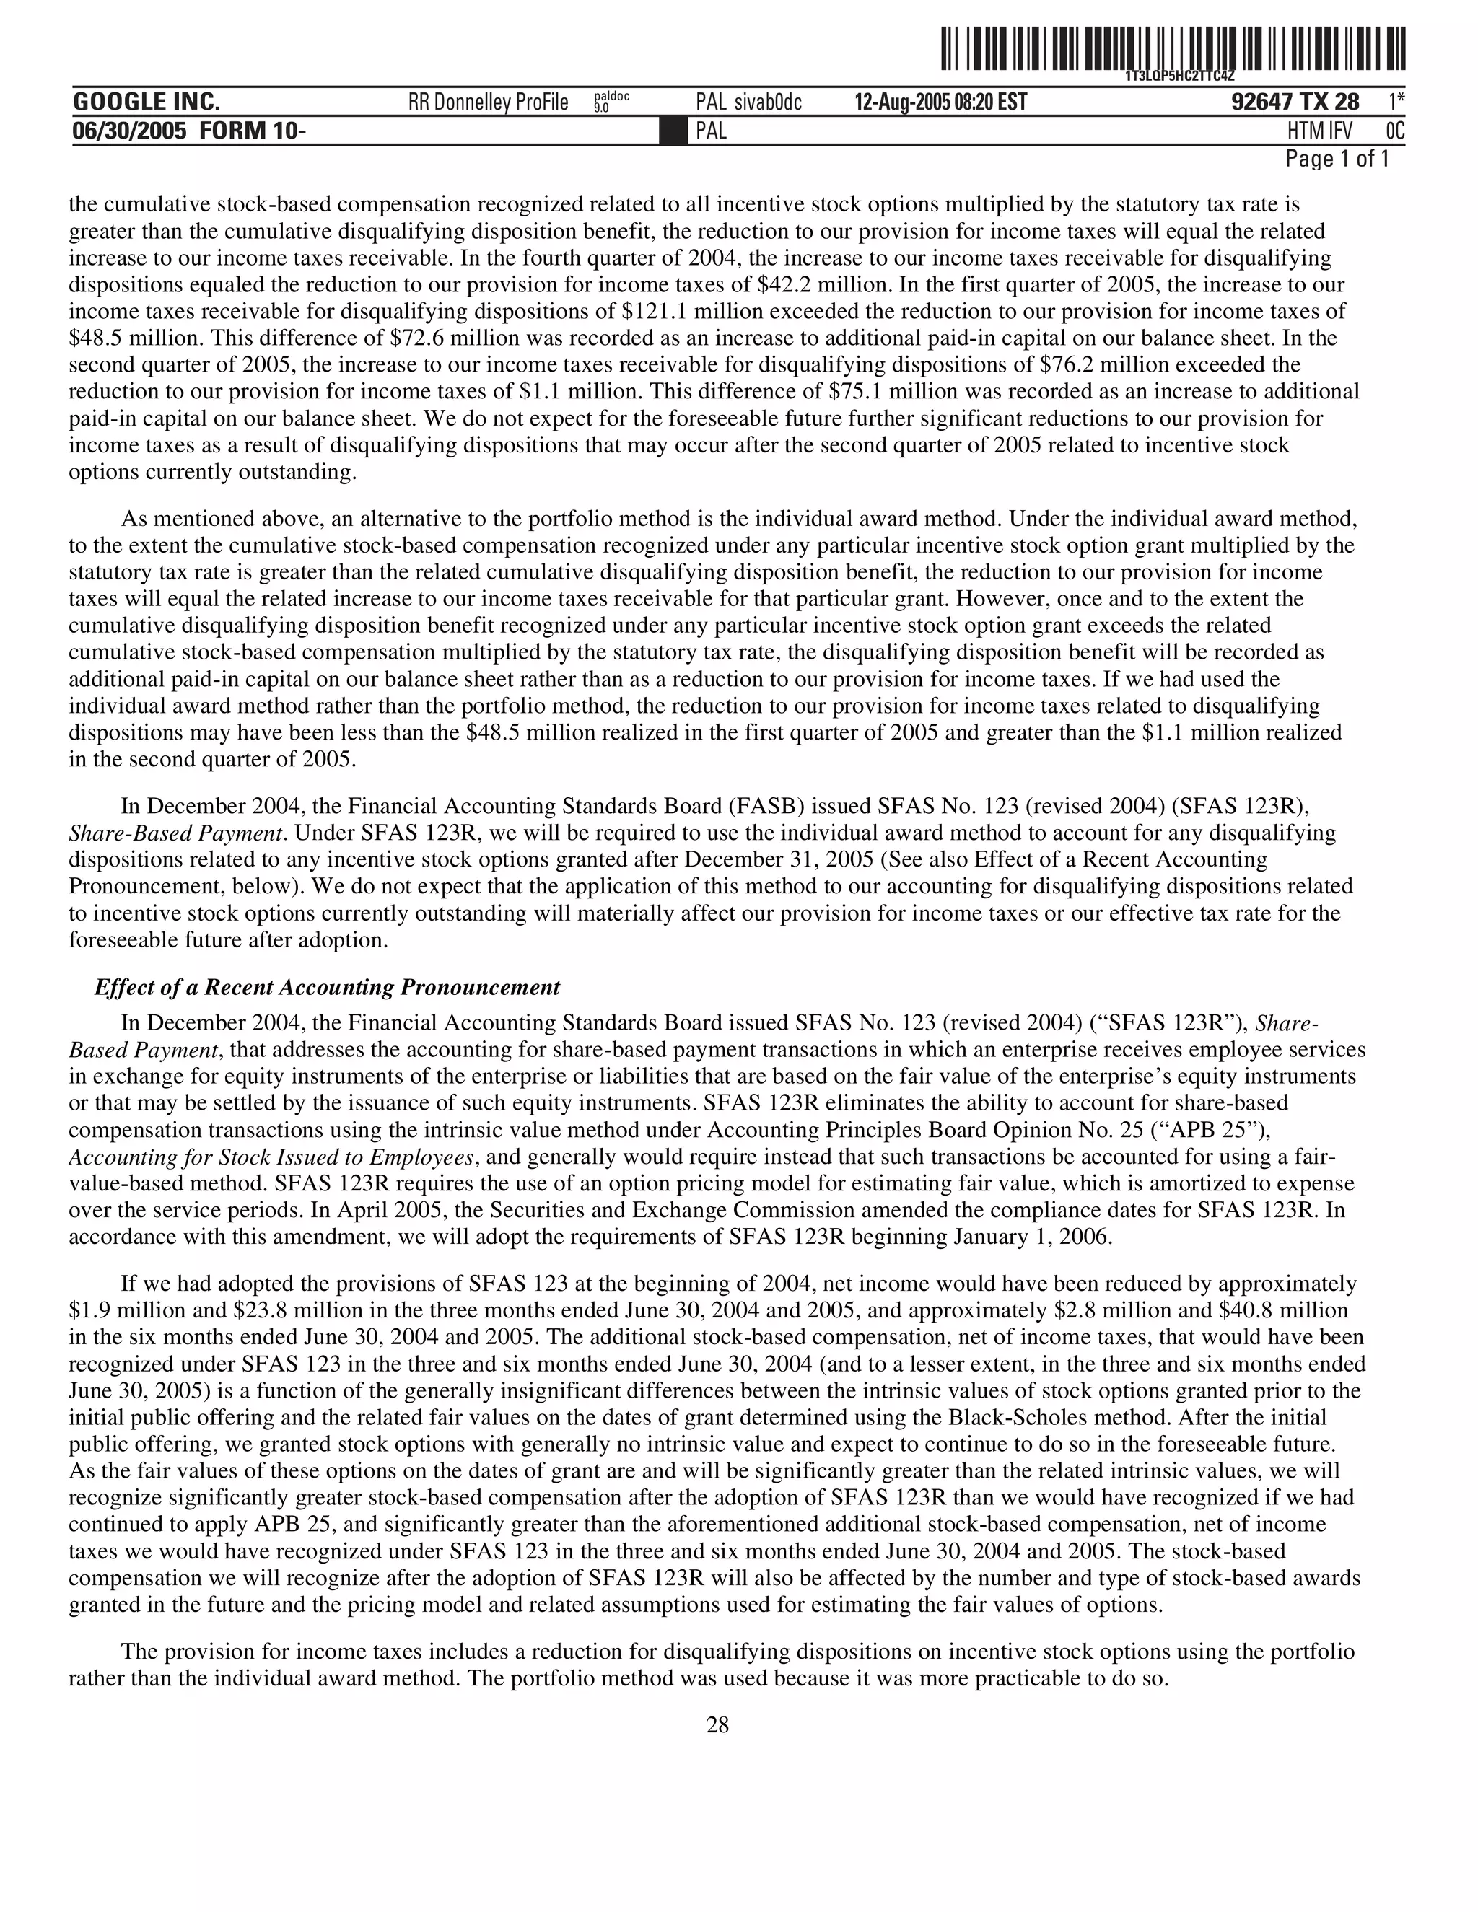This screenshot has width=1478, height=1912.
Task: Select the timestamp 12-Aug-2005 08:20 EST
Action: (940, 103)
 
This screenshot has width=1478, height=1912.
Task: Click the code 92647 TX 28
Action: (1294, 102)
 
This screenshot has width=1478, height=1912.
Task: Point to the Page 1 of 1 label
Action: (1336, 159)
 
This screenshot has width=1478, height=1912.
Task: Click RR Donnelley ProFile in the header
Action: (488, 103)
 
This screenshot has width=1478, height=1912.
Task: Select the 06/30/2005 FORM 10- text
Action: (189, 131)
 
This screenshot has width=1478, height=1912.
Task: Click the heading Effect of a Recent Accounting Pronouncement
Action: (327, 988)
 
